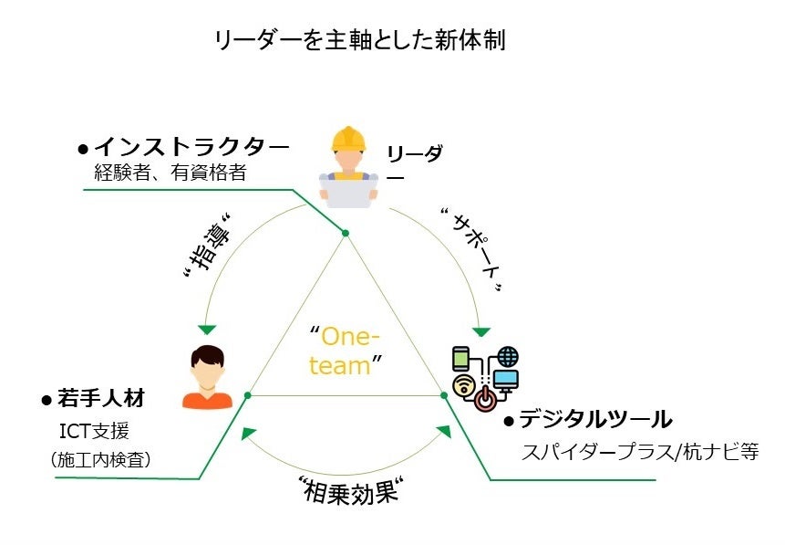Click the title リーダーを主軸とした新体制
tap(359, 40)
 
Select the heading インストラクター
tap(191, 146)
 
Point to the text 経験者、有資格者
tap(170, 172)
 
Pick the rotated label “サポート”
tap(472, 248)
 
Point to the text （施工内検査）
tap(100, 460)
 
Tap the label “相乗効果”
tap(350, 491)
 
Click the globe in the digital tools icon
tap(507, 356)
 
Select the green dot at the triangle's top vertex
tap(346, 233)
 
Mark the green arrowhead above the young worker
tap(207, 329)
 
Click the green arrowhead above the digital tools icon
tap(480, 330)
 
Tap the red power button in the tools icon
tap(487, 399)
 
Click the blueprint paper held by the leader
tap(348, 190)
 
